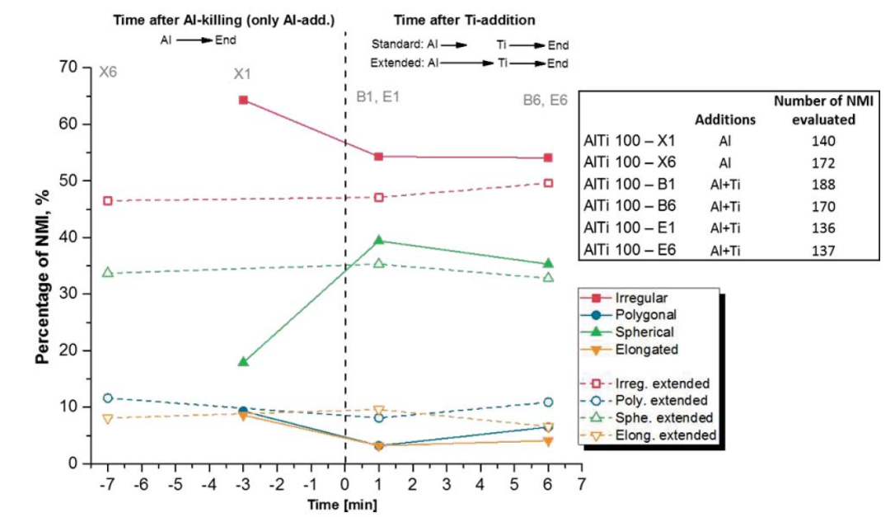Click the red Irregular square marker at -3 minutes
click(243, 100)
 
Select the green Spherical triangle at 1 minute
click(379, 240)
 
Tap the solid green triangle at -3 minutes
click(243, 361)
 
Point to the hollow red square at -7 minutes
click(107, 200)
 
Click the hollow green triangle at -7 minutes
click(107, 272)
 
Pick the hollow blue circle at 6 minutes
click(549, 402)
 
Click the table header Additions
click(725, 120)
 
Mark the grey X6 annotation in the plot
click(108, 72)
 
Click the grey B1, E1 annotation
click(377, 96)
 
